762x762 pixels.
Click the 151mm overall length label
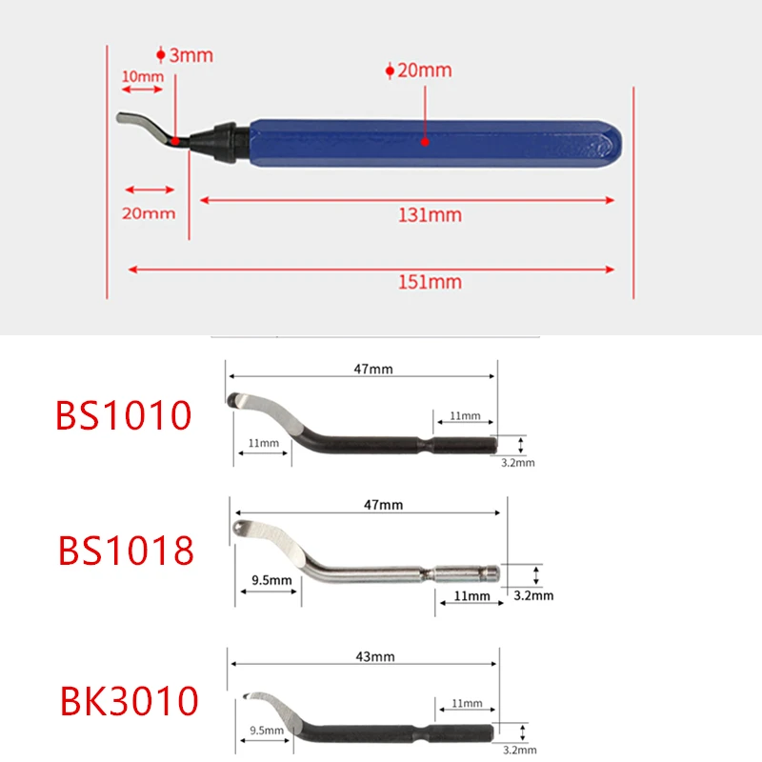(430, 282)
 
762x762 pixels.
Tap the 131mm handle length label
(430, 215)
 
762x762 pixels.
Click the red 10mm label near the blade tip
(142, 76)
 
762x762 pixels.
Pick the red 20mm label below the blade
(149, 213)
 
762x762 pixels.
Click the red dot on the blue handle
(425, 142)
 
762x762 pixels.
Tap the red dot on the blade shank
(175, 141)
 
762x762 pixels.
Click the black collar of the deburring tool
(225, 141)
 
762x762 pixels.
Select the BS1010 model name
(124, 415)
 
